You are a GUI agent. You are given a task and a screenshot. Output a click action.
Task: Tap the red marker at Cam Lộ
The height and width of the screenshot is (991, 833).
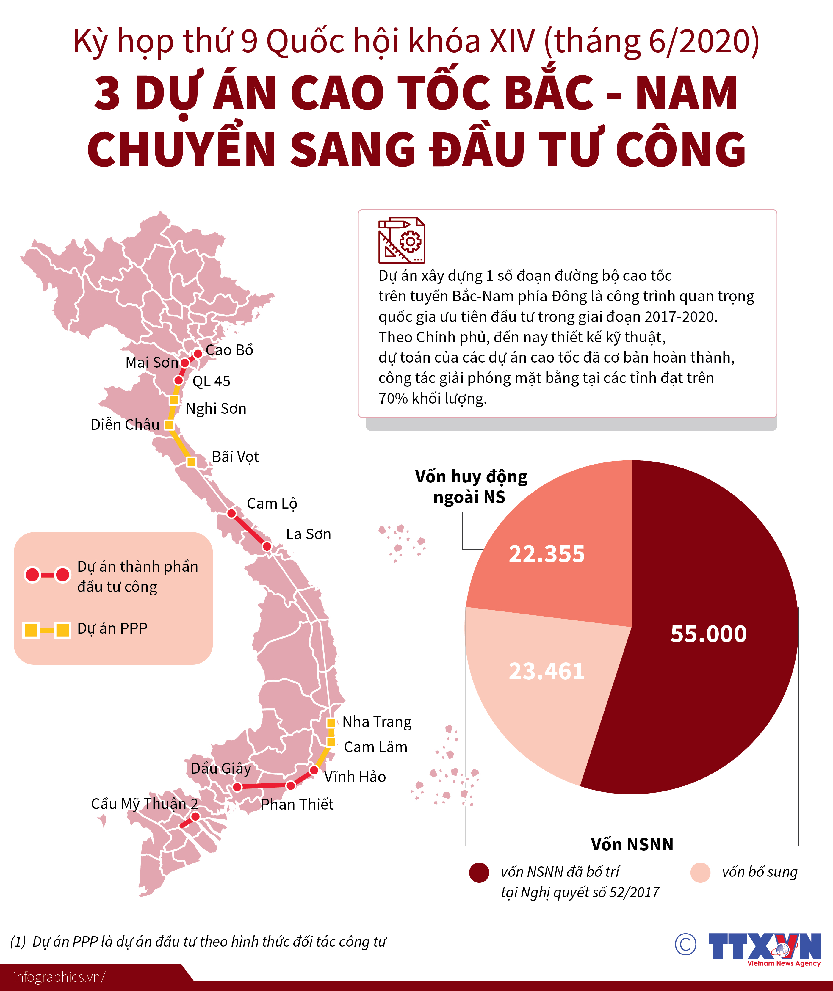tap(231, 513)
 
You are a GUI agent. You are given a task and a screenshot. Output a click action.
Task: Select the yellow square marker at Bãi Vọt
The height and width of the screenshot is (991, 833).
tap(191, 462)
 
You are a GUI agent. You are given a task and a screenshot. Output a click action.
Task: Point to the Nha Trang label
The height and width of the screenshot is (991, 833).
tap(377, 722)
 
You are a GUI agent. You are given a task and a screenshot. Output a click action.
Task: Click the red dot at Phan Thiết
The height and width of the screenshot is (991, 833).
tap(291, 785)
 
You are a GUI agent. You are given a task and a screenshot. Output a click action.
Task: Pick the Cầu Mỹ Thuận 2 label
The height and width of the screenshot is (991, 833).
tap(145, 804)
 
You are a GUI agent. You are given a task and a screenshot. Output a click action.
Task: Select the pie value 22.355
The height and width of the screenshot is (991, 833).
tap(547, 554)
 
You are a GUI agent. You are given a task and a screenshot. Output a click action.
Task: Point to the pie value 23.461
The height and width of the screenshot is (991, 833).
tap(547, 671)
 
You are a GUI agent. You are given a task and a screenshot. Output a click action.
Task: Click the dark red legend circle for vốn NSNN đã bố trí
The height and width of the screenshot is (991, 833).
tap(479, 873)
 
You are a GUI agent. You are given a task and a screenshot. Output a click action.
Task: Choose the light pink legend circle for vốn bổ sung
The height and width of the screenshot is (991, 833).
tap(700, 873)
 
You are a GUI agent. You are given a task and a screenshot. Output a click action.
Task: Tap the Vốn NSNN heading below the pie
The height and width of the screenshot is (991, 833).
tap(632, 844)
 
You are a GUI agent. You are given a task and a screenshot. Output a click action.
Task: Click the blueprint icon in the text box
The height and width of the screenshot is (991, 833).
tap(401, 240)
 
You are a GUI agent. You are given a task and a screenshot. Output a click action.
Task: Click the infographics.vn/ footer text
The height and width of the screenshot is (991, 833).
tap(59, 976)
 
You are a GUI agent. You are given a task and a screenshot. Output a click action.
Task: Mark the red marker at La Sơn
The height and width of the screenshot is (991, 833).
tap(267, 547)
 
